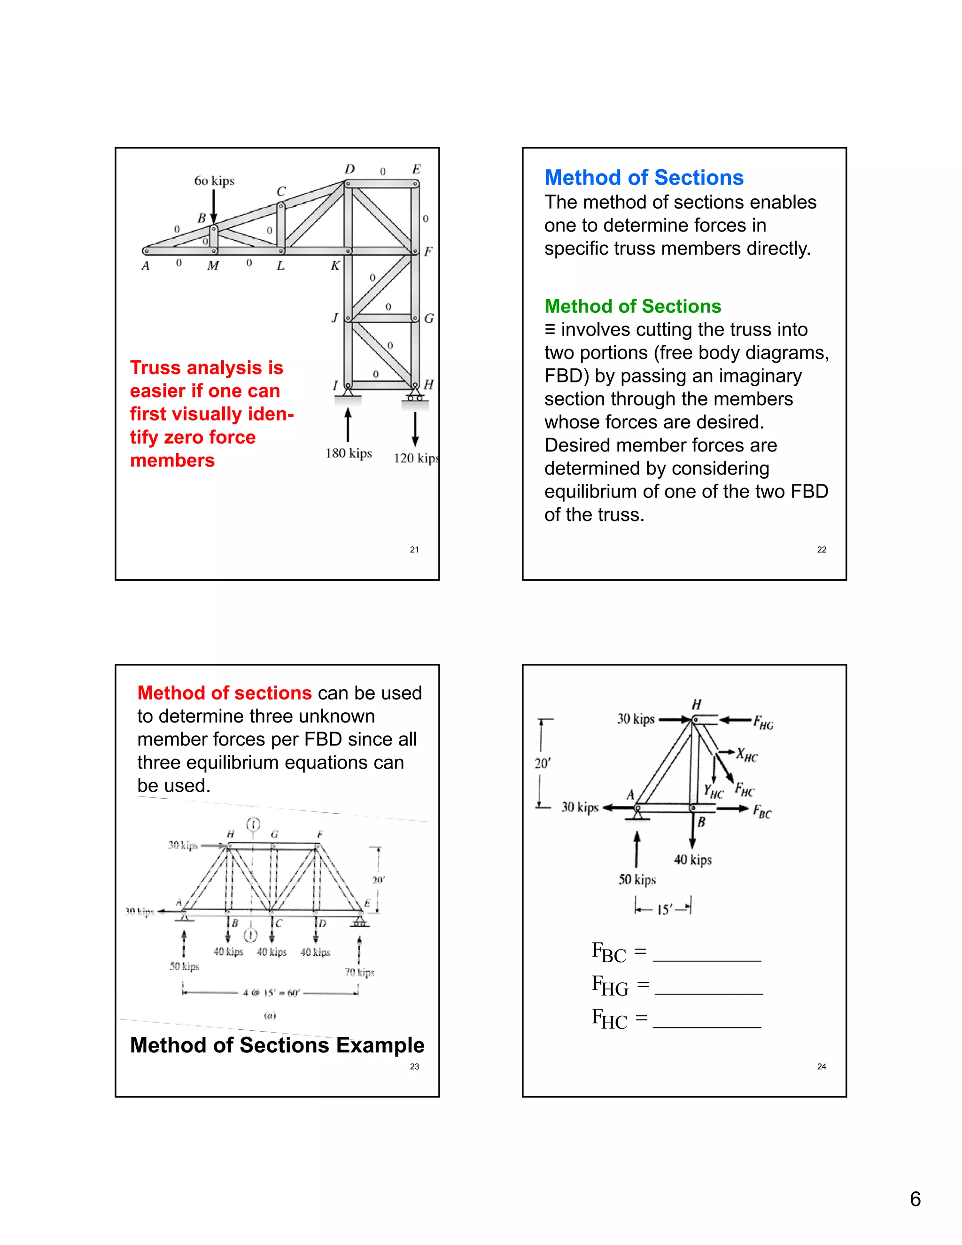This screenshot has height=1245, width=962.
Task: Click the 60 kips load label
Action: click(214, 181)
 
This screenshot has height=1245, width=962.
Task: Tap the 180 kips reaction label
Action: click(349, 453)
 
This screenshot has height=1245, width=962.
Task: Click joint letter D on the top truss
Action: click(349, 169)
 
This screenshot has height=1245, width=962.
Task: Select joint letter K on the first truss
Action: click(335, 265)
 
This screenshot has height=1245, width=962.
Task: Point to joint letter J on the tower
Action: click(335, 318)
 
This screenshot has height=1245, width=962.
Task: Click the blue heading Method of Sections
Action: click(644, 178)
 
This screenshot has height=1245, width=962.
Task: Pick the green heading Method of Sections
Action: click(633, 307)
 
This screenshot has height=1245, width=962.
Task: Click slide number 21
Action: click(414, 550)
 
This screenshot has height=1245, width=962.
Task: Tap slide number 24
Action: click(821, 1066)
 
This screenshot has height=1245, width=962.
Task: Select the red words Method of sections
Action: click(225, 693)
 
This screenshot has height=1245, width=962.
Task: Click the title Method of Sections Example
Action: click(277, 1045)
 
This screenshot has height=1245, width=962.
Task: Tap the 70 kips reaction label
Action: click(360, 972)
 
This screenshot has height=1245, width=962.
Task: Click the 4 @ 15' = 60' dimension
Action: click(271, 992)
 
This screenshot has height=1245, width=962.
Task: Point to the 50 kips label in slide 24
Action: click(637, 879)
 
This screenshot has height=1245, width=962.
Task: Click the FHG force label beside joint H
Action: click(764, 723)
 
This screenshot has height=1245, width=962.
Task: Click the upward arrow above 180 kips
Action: click(348, 424)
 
